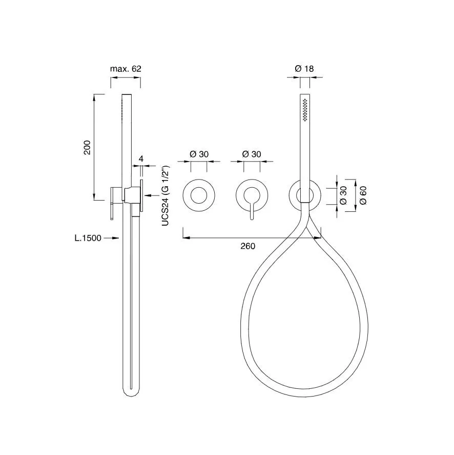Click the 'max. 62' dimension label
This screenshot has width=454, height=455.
point(126,69)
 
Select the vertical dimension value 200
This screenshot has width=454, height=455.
point(87,147)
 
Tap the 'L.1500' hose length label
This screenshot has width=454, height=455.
point(88,238)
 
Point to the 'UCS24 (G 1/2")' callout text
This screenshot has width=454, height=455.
point(165,196)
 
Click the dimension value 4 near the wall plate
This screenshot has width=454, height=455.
point(141,159)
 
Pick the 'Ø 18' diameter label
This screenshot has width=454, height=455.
point(304,69)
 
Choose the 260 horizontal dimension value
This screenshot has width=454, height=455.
point(248,246)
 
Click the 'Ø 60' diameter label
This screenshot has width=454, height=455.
point(363,195)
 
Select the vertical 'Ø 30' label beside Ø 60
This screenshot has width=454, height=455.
point(343,195)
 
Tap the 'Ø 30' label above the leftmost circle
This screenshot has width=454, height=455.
point(199,154)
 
